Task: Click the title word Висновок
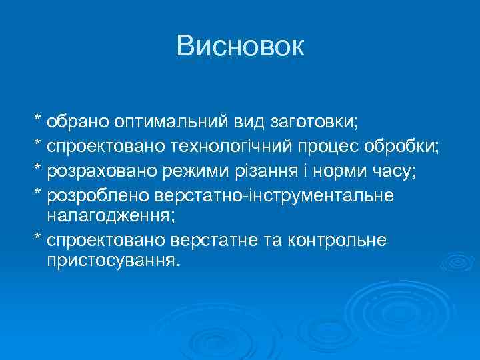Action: (240, 46)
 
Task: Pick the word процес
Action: (340, 147)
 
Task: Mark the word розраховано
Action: (100, 171)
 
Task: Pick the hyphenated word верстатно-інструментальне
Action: (274, 195)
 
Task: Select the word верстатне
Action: (228, 239)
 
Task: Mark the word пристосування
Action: (113, 259)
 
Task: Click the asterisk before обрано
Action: (38, 121)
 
